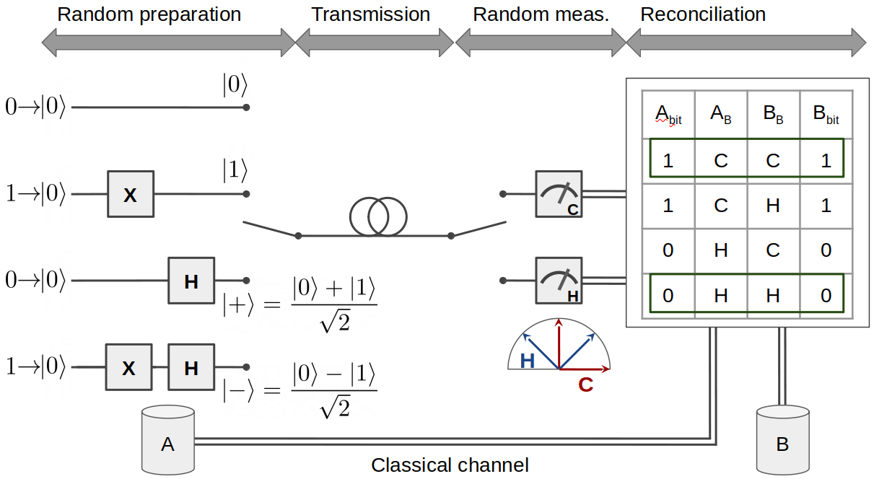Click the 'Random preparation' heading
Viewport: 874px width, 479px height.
pos(149,14)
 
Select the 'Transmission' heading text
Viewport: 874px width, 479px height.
pos(370,14)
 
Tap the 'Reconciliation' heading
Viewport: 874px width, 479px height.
pos(703,14)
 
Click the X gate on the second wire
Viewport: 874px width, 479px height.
pos(131,194)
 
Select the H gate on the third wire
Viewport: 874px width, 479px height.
pos(191,281)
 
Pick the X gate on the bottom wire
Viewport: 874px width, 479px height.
pos(129,367)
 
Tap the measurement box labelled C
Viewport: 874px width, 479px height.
pos(559,194)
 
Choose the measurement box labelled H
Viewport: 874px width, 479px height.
pos(559,281)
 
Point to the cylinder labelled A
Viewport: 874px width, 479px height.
pos(168,439)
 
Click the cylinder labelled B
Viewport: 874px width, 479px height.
pos(782,440)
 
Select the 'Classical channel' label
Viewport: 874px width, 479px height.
pos(450,465)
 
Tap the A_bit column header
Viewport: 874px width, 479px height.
pos(668,114)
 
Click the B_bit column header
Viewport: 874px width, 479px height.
pos(826,114)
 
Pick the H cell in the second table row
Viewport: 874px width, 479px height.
pos(773,206)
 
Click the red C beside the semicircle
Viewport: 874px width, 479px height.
pos(585,384)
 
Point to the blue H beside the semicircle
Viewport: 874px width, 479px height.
pos(528,361)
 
